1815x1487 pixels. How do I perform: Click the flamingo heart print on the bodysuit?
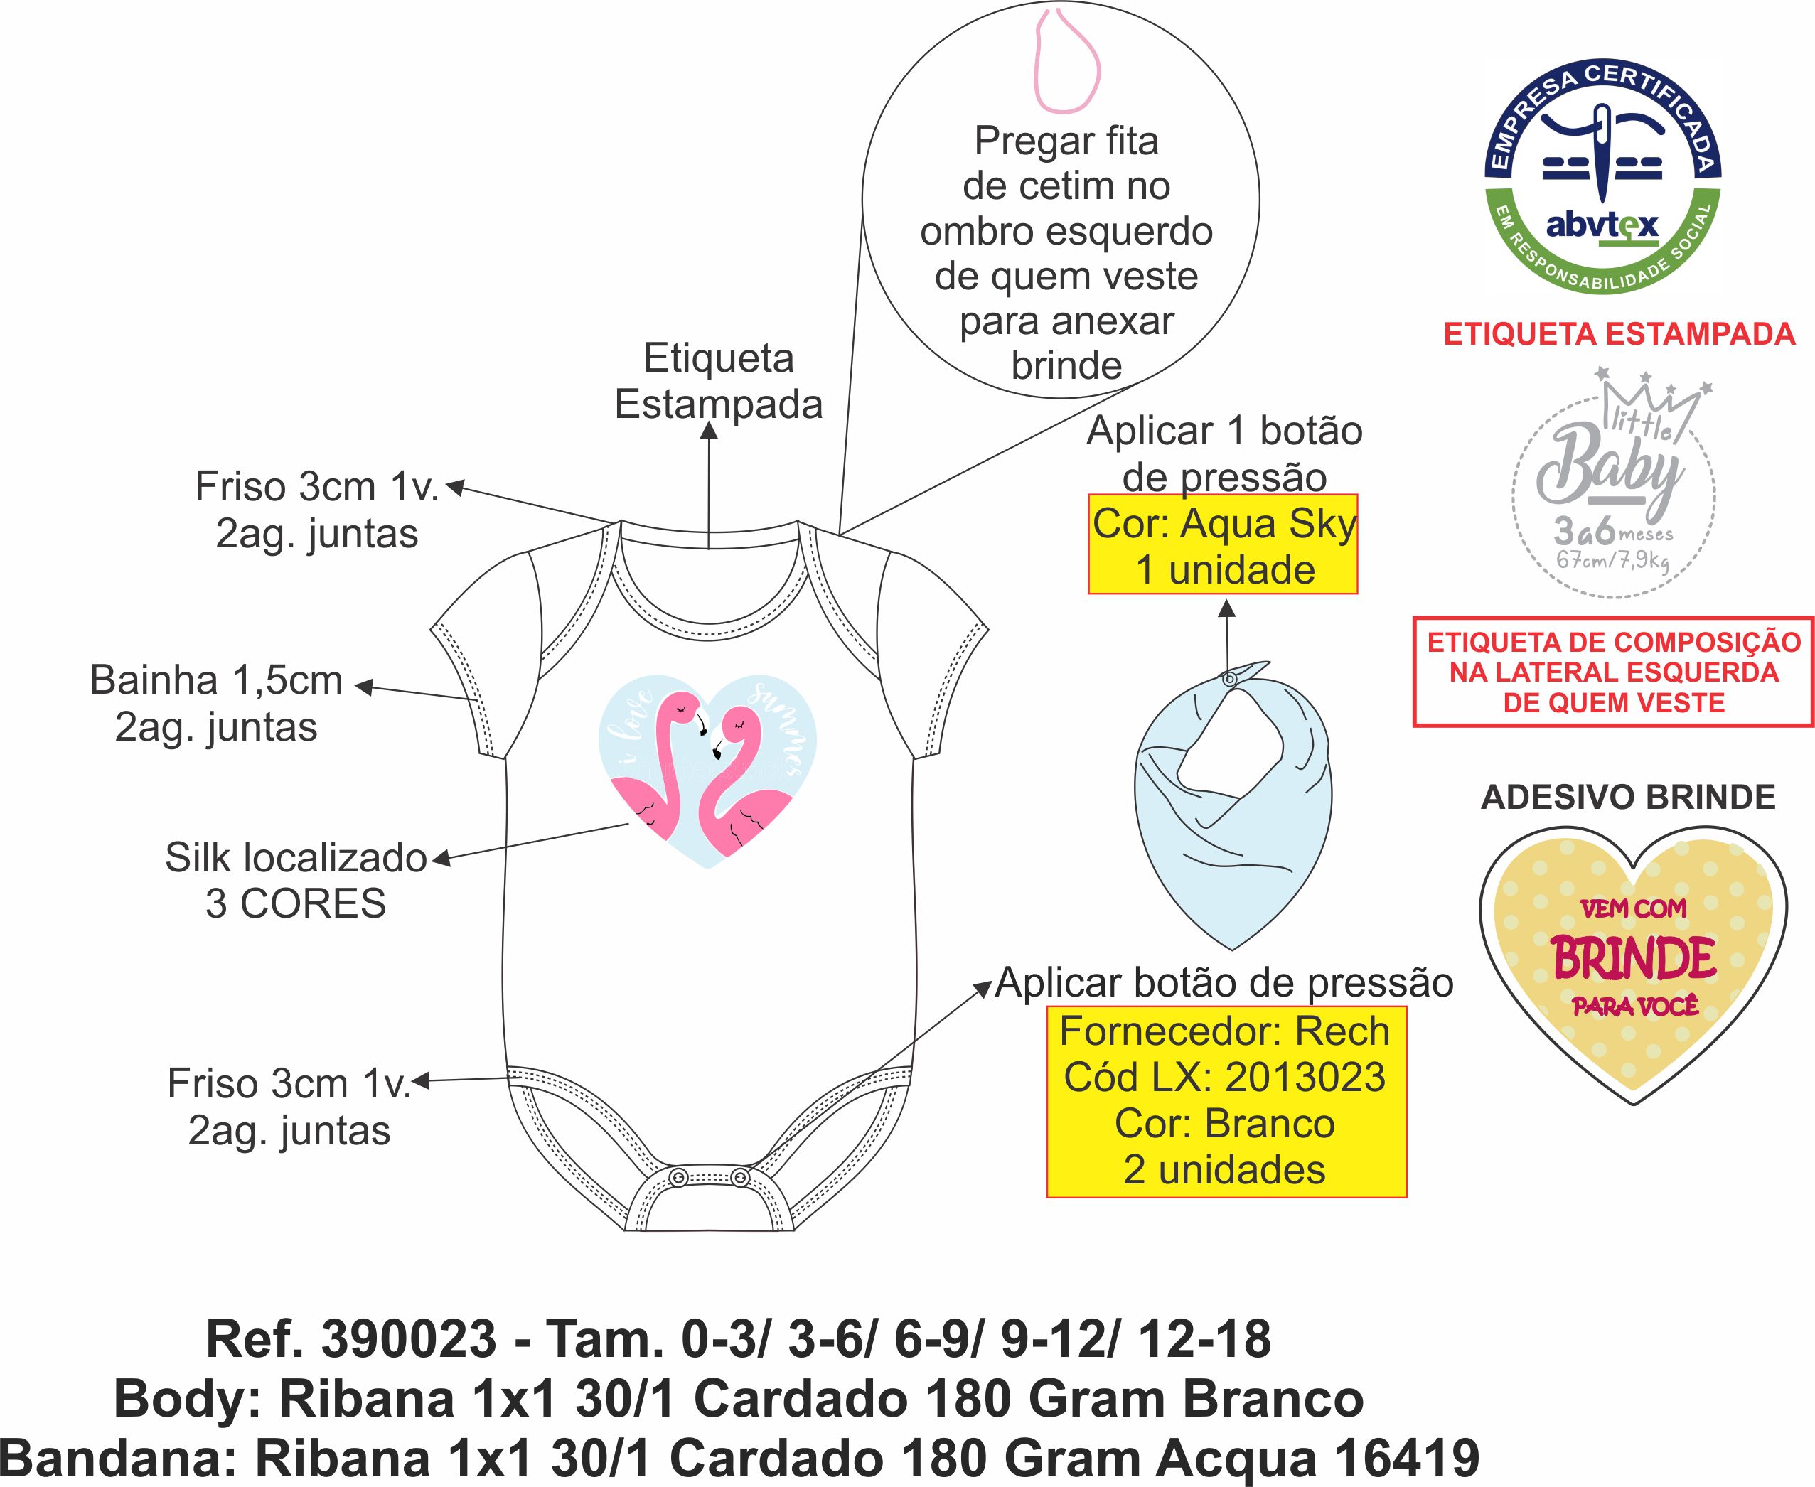[x=707, y=771]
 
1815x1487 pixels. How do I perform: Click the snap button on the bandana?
[x=1229, y=678]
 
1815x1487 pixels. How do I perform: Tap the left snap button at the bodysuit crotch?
[x=678, y=1178]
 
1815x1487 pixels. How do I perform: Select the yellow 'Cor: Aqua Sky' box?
[x=1223, y=544]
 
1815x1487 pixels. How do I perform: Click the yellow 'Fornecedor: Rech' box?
[x=1226, y=1101]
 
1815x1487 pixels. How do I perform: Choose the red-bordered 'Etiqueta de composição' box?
[x=1614, y=672]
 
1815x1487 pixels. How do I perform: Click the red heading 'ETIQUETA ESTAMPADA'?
[x=1619, y=334]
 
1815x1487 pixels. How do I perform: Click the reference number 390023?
[x=407, y=1340]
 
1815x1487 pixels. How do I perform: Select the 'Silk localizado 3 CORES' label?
[x=296, y=881]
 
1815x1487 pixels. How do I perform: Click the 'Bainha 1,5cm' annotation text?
[x=216, y=681]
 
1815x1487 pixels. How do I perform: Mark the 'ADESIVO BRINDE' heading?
[x=1627, y=798]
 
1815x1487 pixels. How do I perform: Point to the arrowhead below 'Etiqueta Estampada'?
[x=710, y=430]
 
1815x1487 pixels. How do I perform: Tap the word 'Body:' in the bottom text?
[x=188, y=1400]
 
